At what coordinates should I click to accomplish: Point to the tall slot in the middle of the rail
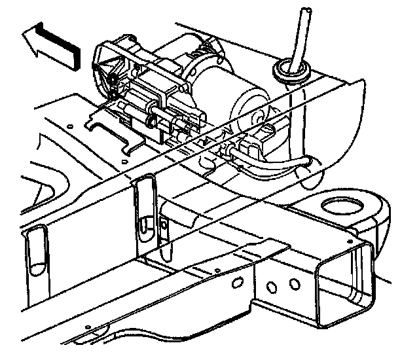[x=142, y=206]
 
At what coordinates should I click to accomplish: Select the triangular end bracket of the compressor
[x=108, y=65]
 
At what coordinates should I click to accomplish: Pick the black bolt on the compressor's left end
[x=114, y=82]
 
